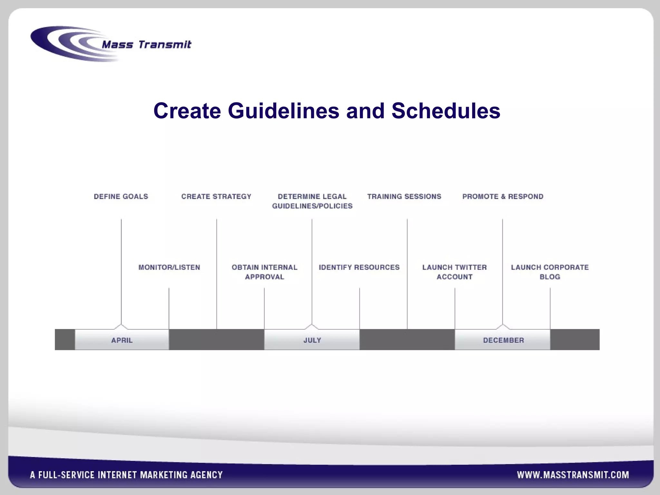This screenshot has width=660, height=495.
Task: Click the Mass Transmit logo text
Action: click(x=147, y=44)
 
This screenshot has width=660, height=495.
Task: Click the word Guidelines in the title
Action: click(x=283, y=111)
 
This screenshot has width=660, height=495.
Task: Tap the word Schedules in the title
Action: click(x=446, y=111)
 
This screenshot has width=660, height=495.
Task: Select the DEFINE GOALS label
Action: click(x=121, y=197)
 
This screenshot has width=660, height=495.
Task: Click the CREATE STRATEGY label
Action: click(x=216, y=197)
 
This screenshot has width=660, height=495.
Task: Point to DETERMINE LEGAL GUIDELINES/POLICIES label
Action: click(x=312, y=201)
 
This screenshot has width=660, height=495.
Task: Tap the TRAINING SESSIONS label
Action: click(x=404, y=197)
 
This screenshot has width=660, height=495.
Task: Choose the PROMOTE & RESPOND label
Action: click(x=503, y=197)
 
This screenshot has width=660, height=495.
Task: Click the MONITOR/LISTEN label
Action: click(x=169, y=267)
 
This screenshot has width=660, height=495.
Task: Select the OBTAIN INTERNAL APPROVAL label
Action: click(x=264, y=272)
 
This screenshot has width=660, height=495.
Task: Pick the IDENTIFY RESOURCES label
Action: click(x=359, y=267)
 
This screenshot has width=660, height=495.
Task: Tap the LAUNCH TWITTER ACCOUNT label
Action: click(x=454, y=272)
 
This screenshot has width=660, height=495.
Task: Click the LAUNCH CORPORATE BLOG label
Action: click(x=550, y=272)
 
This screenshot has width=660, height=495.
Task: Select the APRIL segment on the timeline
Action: click(x=122, y=340)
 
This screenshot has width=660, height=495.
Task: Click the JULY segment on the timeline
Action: click(x=312, y=340)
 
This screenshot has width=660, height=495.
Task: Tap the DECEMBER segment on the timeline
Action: click(x=503, y=340)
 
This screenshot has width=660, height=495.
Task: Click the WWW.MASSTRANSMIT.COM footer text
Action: click(x=573, y=475)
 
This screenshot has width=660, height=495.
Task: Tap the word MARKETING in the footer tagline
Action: click(x=163, y=475)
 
